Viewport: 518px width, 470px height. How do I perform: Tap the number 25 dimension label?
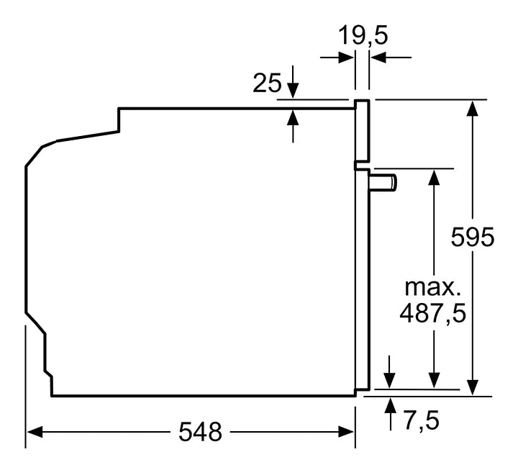[267, 83]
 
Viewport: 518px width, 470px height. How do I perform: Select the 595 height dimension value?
[473, 237]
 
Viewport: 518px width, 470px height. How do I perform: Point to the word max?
[431, 287]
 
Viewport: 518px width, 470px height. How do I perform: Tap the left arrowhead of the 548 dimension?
[33, 432]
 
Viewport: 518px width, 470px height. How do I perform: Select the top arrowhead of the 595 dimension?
[473, 107]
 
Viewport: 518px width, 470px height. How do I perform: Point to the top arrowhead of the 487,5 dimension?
[434, 176]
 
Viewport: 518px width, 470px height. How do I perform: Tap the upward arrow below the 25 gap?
[293, 116]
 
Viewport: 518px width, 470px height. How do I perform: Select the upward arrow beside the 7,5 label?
[390, 404]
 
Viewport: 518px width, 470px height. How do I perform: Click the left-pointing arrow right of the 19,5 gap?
[378, 56]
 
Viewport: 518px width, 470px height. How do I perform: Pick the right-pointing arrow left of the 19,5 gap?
[347, 56]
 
